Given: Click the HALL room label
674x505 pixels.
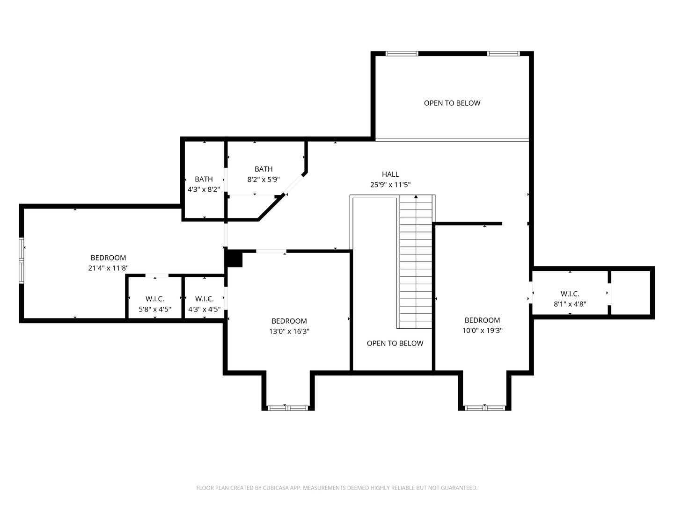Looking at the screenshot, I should coord(390,174).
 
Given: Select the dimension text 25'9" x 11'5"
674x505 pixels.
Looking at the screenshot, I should coord(390,185).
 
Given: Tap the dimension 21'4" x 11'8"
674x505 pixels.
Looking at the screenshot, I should coord(108,268).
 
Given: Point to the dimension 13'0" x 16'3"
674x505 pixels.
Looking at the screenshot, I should coord(289,331).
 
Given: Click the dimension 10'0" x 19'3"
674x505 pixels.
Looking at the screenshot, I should coord(482,330).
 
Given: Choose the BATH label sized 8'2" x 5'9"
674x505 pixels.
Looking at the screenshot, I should coord(264,169).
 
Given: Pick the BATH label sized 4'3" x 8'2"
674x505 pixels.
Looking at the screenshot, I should coord(204,179).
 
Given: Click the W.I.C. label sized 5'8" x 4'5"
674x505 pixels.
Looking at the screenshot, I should coord(155,299).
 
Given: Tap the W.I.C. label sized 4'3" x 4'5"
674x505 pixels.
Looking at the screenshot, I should coord(205,299).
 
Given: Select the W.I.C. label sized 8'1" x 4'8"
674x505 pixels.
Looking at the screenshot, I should coord(570,294).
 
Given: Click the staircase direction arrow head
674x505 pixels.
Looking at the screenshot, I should coord(416,197).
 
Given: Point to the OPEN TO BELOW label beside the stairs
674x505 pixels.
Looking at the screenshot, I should coord(395,343).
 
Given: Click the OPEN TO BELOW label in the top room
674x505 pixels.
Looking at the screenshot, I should coord(452,103).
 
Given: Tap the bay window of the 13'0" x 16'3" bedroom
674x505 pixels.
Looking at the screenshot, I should coord(288,408).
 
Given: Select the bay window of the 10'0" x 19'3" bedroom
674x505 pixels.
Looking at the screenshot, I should coord(484,408).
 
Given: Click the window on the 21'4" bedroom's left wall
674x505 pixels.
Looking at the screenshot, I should coord(22,260).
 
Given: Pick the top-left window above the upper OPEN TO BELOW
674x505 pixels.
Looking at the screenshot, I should coord(402,53).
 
